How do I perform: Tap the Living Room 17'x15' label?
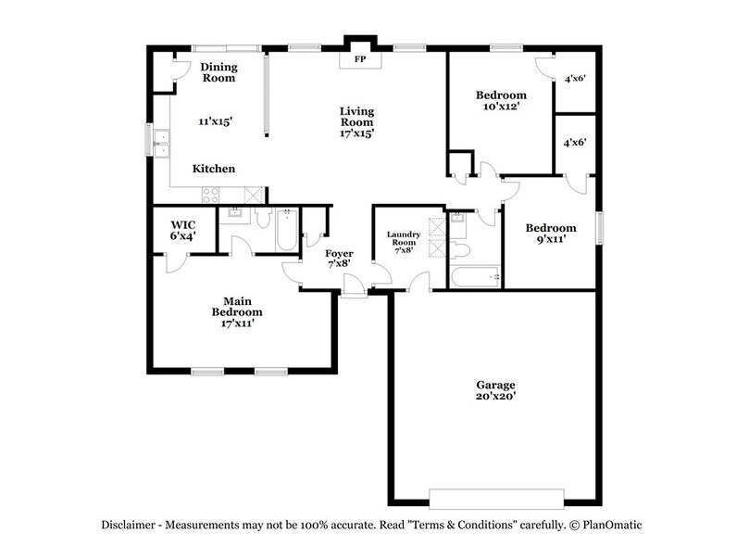pos(356,120)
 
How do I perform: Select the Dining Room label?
pos(218,72)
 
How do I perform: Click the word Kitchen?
pos(213,169)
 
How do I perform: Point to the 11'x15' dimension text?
pos(215,120)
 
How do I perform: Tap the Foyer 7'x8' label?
pos(339,260)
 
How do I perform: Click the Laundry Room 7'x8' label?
pos(404,242)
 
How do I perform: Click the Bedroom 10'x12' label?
pos(501,100)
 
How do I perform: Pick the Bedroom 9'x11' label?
pos(551,234)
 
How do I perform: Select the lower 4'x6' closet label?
pos(575,143)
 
